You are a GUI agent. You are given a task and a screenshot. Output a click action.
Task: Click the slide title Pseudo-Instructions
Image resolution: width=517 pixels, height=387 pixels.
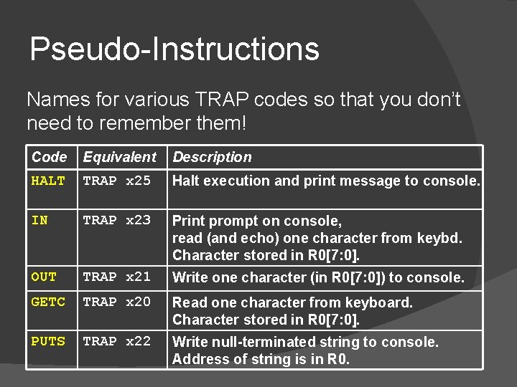174,49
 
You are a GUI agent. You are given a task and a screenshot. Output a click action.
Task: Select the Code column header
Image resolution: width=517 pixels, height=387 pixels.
50,157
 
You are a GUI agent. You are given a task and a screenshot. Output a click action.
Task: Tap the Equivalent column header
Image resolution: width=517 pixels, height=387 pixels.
119,157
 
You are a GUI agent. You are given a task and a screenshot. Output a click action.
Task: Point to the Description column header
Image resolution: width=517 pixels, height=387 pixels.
213,157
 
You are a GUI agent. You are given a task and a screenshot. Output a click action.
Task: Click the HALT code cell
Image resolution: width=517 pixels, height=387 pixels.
48,181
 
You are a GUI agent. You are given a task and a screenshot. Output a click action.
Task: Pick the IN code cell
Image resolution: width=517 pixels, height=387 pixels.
40,220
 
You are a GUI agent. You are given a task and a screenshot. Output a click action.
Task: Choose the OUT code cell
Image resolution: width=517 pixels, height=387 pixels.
44,276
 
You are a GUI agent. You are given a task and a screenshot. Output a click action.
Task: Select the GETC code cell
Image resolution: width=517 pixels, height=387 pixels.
48,302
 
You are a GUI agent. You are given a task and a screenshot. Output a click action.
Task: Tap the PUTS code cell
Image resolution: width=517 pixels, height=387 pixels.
48,341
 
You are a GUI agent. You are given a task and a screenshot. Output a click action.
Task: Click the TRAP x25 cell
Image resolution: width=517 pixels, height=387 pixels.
117,181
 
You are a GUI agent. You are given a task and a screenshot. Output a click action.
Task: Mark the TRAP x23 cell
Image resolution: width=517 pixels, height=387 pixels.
117,220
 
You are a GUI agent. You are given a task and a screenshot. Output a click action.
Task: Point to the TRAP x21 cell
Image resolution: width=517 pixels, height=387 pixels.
117,276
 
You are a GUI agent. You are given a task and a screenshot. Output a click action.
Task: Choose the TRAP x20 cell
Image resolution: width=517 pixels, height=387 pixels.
117,302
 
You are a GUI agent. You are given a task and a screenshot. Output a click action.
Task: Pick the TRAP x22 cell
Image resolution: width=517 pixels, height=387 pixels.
117,341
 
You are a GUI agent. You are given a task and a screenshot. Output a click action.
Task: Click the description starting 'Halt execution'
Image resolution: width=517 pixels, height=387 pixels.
326,181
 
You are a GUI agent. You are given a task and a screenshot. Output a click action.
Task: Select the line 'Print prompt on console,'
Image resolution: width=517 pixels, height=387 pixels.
257,220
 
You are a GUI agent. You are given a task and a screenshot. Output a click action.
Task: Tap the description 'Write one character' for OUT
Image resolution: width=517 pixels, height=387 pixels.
318,277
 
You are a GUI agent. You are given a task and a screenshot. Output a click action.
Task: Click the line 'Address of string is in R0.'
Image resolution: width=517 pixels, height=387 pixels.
261,359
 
